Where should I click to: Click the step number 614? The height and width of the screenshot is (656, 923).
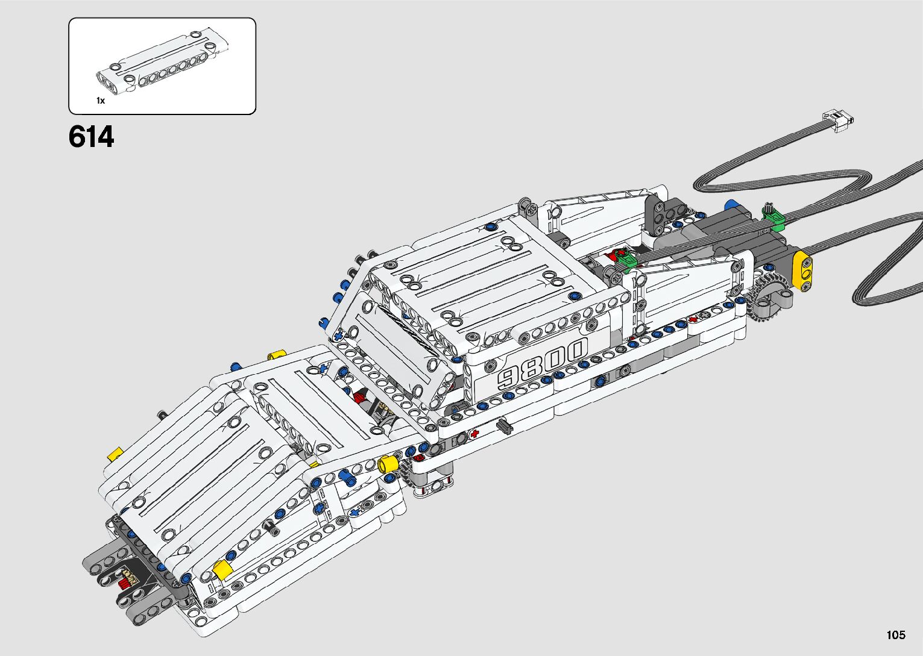click(x=91, y=137)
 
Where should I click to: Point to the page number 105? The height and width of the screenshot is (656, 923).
click(x=896, y=634)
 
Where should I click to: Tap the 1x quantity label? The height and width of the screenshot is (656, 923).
click(x=100, y=101)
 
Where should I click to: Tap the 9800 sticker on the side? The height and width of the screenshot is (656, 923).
click(x=542, y=364)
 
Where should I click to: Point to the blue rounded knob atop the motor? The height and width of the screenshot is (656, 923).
click(x=732, y=205)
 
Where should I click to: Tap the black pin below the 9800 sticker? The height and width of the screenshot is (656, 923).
click(x=502, y=427)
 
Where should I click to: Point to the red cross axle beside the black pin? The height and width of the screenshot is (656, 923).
click(x=475, y=433)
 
